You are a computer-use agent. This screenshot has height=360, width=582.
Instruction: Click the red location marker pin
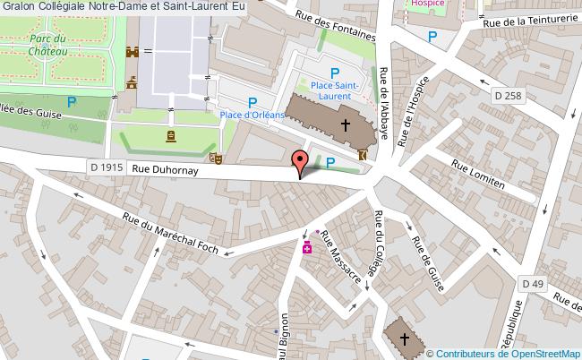coord(300,162)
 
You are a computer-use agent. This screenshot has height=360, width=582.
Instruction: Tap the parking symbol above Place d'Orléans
coord(252,103)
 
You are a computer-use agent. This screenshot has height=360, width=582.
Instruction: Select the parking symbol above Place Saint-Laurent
coord(335,73)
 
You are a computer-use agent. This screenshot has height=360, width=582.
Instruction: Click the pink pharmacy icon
coord(307,246)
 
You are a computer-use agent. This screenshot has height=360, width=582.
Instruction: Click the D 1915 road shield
coord(107,166)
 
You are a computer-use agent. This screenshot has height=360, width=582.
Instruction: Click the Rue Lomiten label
coord(478,175)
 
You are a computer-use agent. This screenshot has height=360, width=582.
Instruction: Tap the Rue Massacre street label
coord(340,257)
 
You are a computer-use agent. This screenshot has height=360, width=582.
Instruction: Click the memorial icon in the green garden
coord(170,136)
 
